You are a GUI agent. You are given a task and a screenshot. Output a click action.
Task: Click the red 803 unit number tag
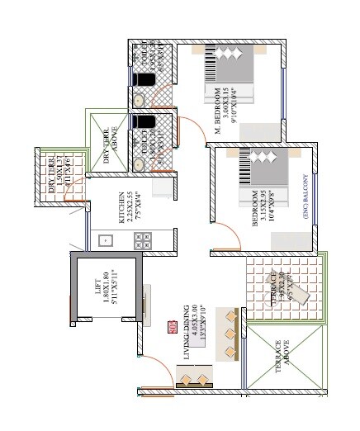[x=171, y=324]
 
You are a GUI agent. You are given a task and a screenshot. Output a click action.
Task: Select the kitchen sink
[x=105, y=240]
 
